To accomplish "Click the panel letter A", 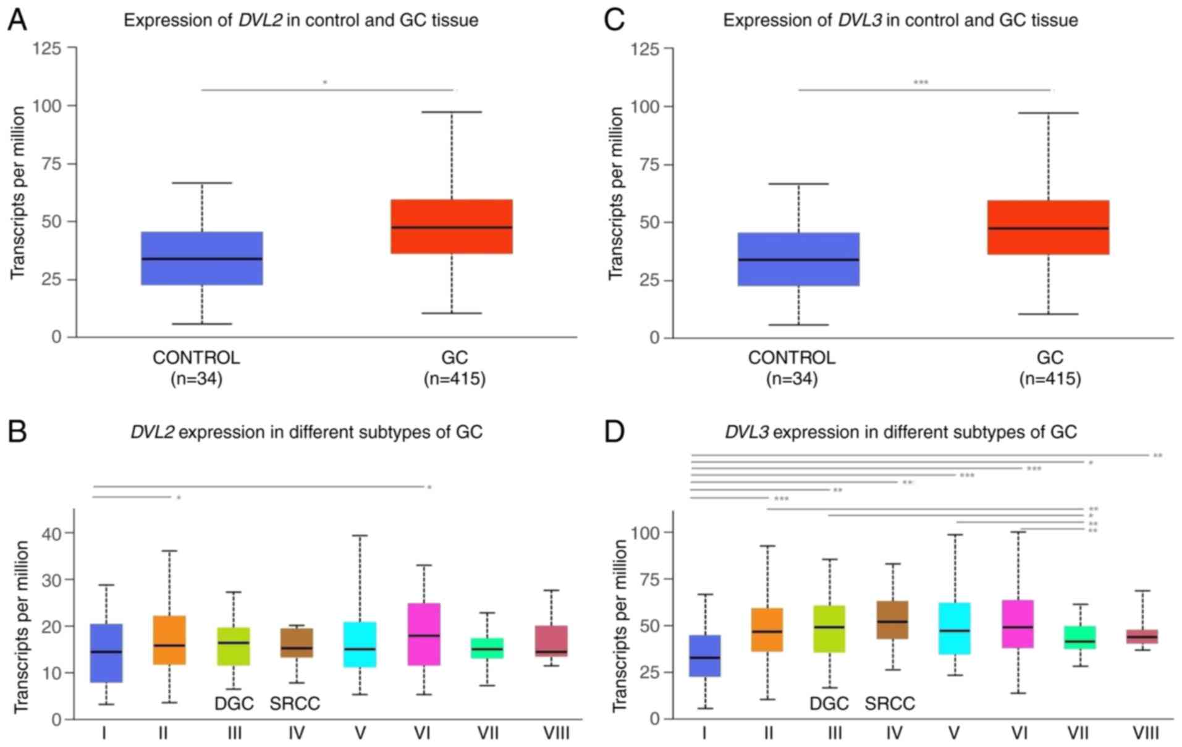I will coord(17,20).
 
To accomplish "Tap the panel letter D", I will coord(614,432).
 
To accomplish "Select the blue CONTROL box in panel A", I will coord(202,258).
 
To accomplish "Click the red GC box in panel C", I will coord(1048,227).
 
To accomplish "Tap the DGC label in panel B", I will coord(234,704).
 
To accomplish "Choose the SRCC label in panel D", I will coord(889,704).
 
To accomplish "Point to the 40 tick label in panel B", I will coord(53,533).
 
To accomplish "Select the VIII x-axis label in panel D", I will coord(1144,733).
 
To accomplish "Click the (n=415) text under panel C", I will coord(1050,379).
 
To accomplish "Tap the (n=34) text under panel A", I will coord(196,379).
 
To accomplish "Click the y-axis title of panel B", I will coord(21,627).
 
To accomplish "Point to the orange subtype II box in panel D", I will coord(767,630).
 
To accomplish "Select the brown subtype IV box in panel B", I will coord(297,643).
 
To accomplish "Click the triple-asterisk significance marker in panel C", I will coord(921,82).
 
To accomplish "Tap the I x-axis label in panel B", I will coord(104,733).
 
